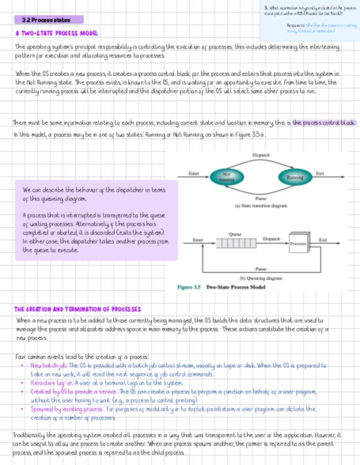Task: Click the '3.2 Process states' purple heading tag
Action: click(49, 20)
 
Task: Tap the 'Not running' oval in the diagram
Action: click(227, 177)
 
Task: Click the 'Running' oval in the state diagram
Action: click(295, 177)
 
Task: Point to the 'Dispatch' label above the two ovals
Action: click(261, 155)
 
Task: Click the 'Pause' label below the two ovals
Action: click(261, 198)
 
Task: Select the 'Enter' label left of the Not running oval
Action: click(194, 173)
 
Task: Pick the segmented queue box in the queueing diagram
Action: click(235, 243)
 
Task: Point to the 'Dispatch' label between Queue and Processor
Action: click(272, 239)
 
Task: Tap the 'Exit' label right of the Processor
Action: click(323, 240)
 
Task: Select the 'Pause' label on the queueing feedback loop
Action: click(261, 269)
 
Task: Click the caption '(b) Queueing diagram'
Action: click(261, 278)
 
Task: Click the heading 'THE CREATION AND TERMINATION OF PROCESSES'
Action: click(77, 309)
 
